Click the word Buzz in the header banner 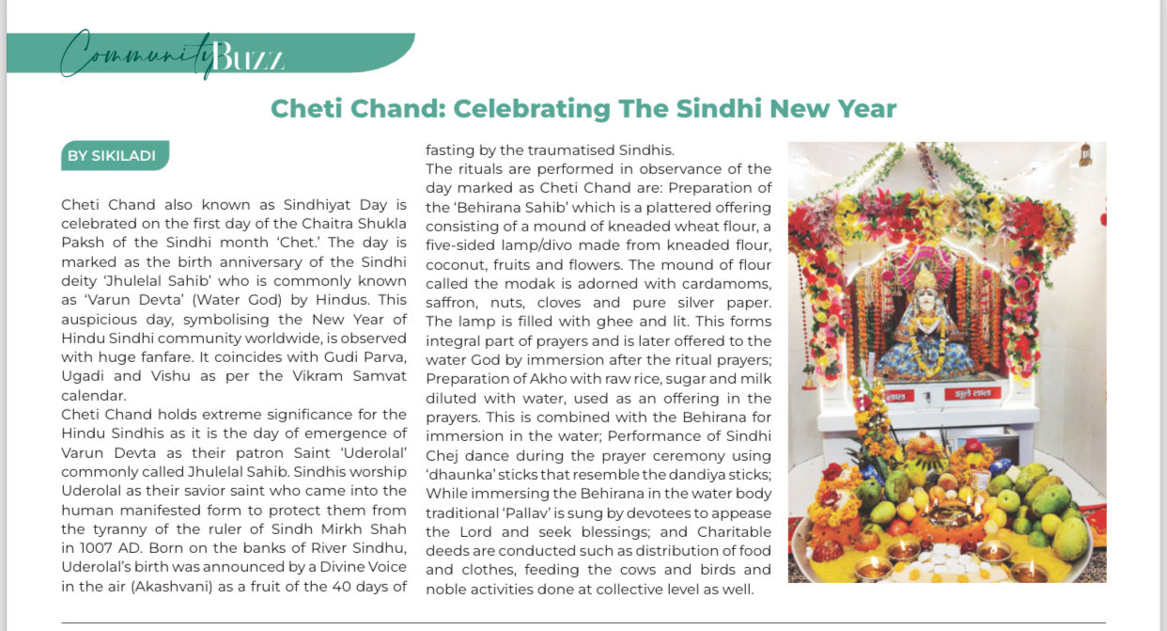point(248,58)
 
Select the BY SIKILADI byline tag point(111,156)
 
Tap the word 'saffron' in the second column point(452,303)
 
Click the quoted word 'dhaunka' point(457,475)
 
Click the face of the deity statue point(925,301)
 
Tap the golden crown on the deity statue point(925,277)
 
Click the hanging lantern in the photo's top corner point(1085,154)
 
